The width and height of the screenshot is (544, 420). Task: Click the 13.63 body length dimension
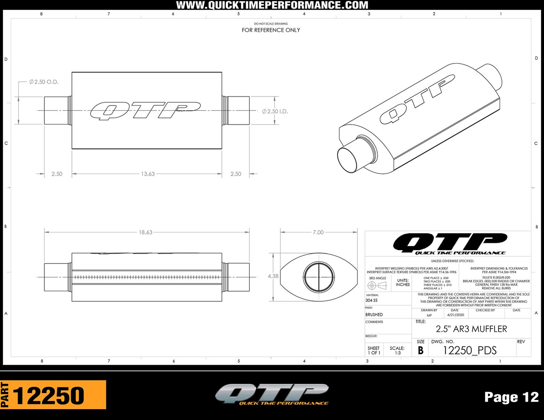[x=148, y=174]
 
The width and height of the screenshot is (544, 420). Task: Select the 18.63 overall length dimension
[x=145, y=232]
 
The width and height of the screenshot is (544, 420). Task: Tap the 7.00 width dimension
[x=318, y=232]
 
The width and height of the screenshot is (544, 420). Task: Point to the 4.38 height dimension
[x=273, y=276]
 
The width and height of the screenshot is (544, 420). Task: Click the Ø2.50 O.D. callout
[x=44, y=82]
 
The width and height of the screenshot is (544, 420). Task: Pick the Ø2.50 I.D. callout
[x=275, y=111]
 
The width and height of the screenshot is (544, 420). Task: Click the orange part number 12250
[x=49, y=395]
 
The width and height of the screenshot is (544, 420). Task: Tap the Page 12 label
[x=511, y=397]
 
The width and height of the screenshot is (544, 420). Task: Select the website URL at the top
[x=272, y=5]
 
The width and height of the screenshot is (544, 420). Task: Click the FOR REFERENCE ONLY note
[x=271, y=30]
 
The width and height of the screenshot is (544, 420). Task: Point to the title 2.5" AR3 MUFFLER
[x=471, y=329]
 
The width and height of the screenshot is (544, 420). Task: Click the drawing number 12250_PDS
[x=470, y=350]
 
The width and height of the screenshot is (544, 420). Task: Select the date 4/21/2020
[x=454, y=315]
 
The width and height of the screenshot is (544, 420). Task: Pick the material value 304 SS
[x=371, y=300]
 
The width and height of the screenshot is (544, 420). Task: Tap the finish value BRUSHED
[x=374, y=315]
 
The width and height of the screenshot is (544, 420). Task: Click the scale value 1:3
[x=397, y=353]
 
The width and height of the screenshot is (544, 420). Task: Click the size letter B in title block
[x=420, y=350]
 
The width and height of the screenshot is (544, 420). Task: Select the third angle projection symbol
[x=377, y=286]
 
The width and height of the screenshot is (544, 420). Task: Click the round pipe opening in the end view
[x=318, y=277]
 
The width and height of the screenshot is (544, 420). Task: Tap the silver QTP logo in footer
[x=272, y=394]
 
